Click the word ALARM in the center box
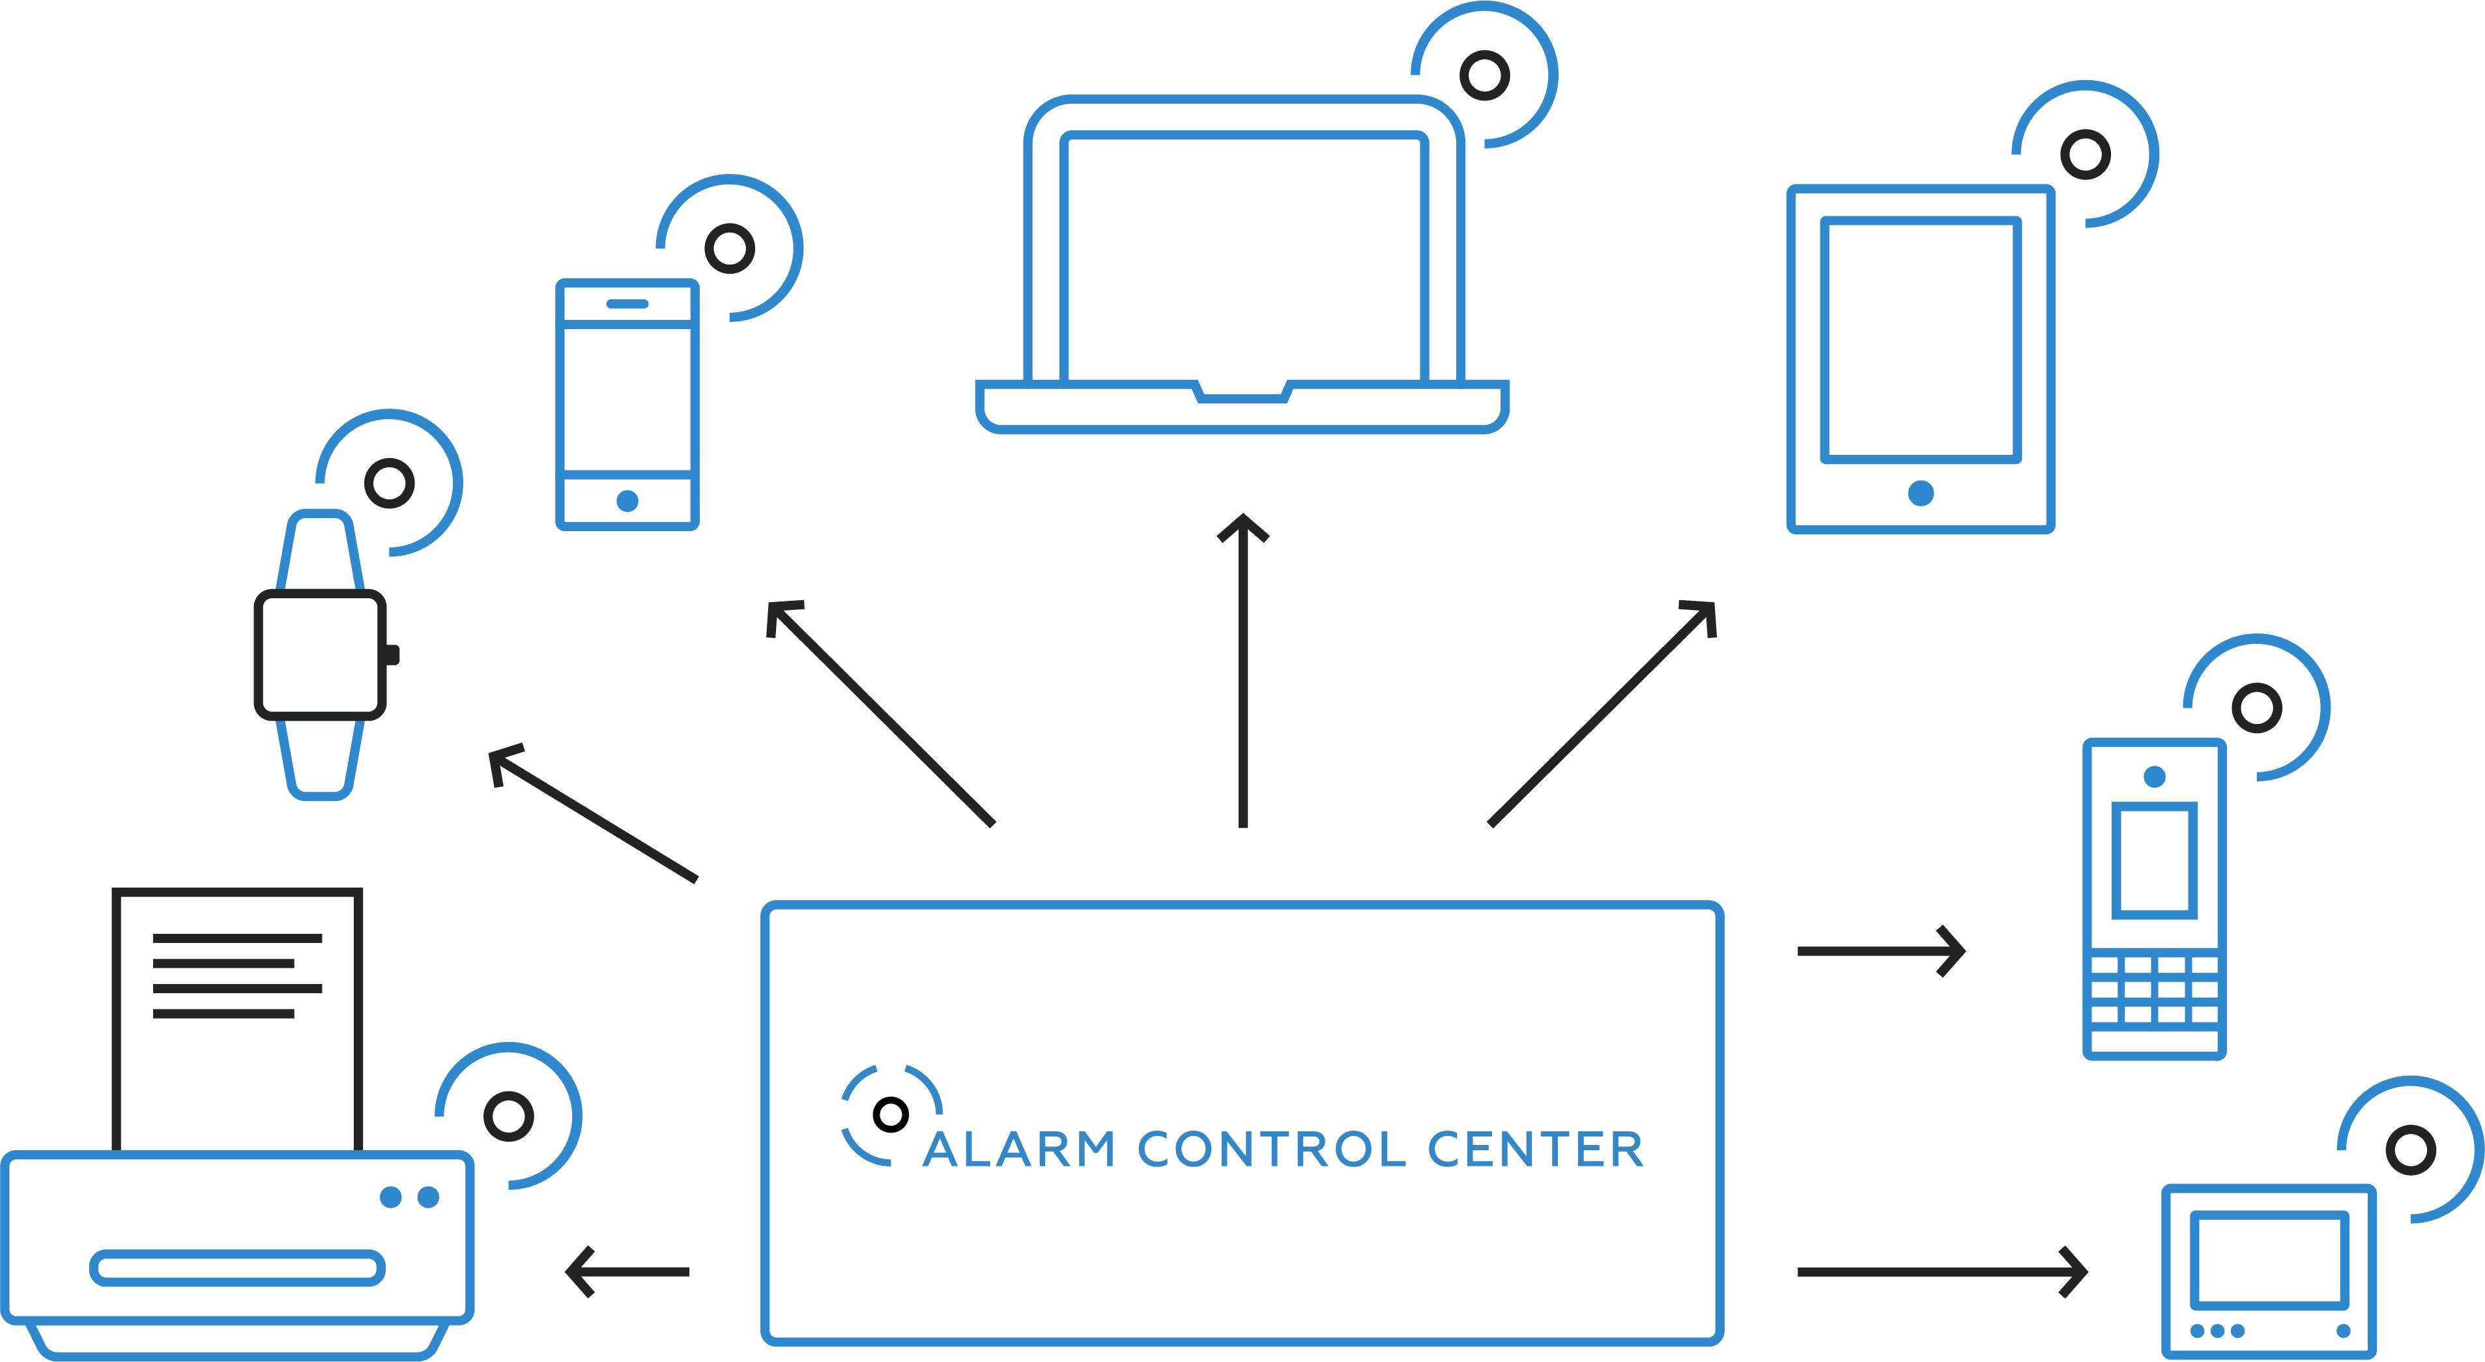click(1019, 1150)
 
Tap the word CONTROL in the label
click(1271, 1150)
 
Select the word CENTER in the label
click(1535, 1150)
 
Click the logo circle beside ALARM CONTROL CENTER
click(891, 1115)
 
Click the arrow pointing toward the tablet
click(1602, 714)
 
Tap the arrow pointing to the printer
click(627, 1271)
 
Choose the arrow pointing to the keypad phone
click(1880, 951)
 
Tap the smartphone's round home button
click(627, 500)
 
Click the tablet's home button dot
click(1921, 493)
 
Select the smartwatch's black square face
click(321, 655)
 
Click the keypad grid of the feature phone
click(2154, 989)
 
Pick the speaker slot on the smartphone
click(627, 304)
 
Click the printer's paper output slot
click(237, 1268)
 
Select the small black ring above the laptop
click(1484, 75)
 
